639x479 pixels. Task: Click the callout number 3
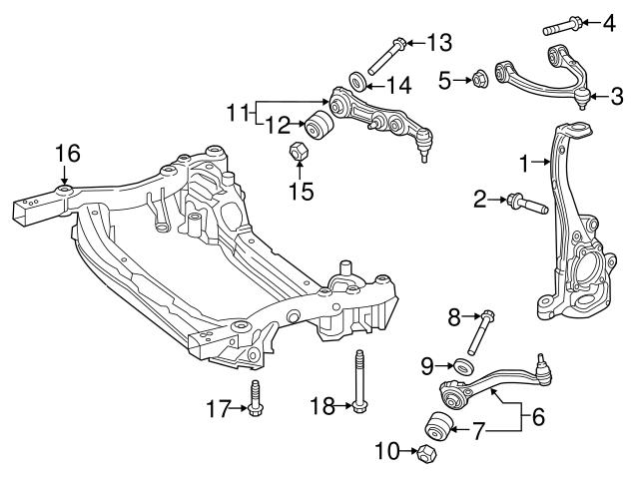point(617,96)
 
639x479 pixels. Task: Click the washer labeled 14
point(356,79)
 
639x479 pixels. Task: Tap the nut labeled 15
point(297,153)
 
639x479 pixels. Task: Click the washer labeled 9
point(462,366)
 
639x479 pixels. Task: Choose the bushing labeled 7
point(436,427)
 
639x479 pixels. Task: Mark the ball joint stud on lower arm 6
point(543,363)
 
